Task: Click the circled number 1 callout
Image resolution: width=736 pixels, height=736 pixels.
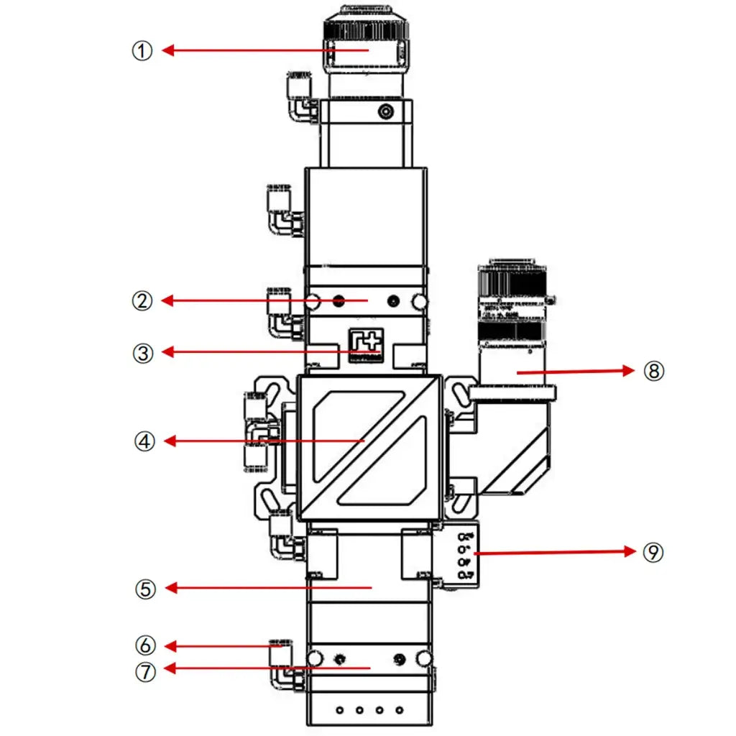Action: coord(143,51)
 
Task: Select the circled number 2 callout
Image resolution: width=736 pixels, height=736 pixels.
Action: coord(143,301)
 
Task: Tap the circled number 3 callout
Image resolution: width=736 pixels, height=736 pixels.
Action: coord(143,353)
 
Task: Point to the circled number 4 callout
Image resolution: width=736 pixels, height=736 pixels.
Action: coord(144,441)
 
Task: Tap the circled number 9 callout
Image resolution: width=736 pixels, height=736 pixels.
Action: coord(653,552)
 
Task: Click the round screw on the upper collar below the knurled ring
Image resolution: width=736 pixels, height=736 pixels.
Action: coord(387,111)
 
